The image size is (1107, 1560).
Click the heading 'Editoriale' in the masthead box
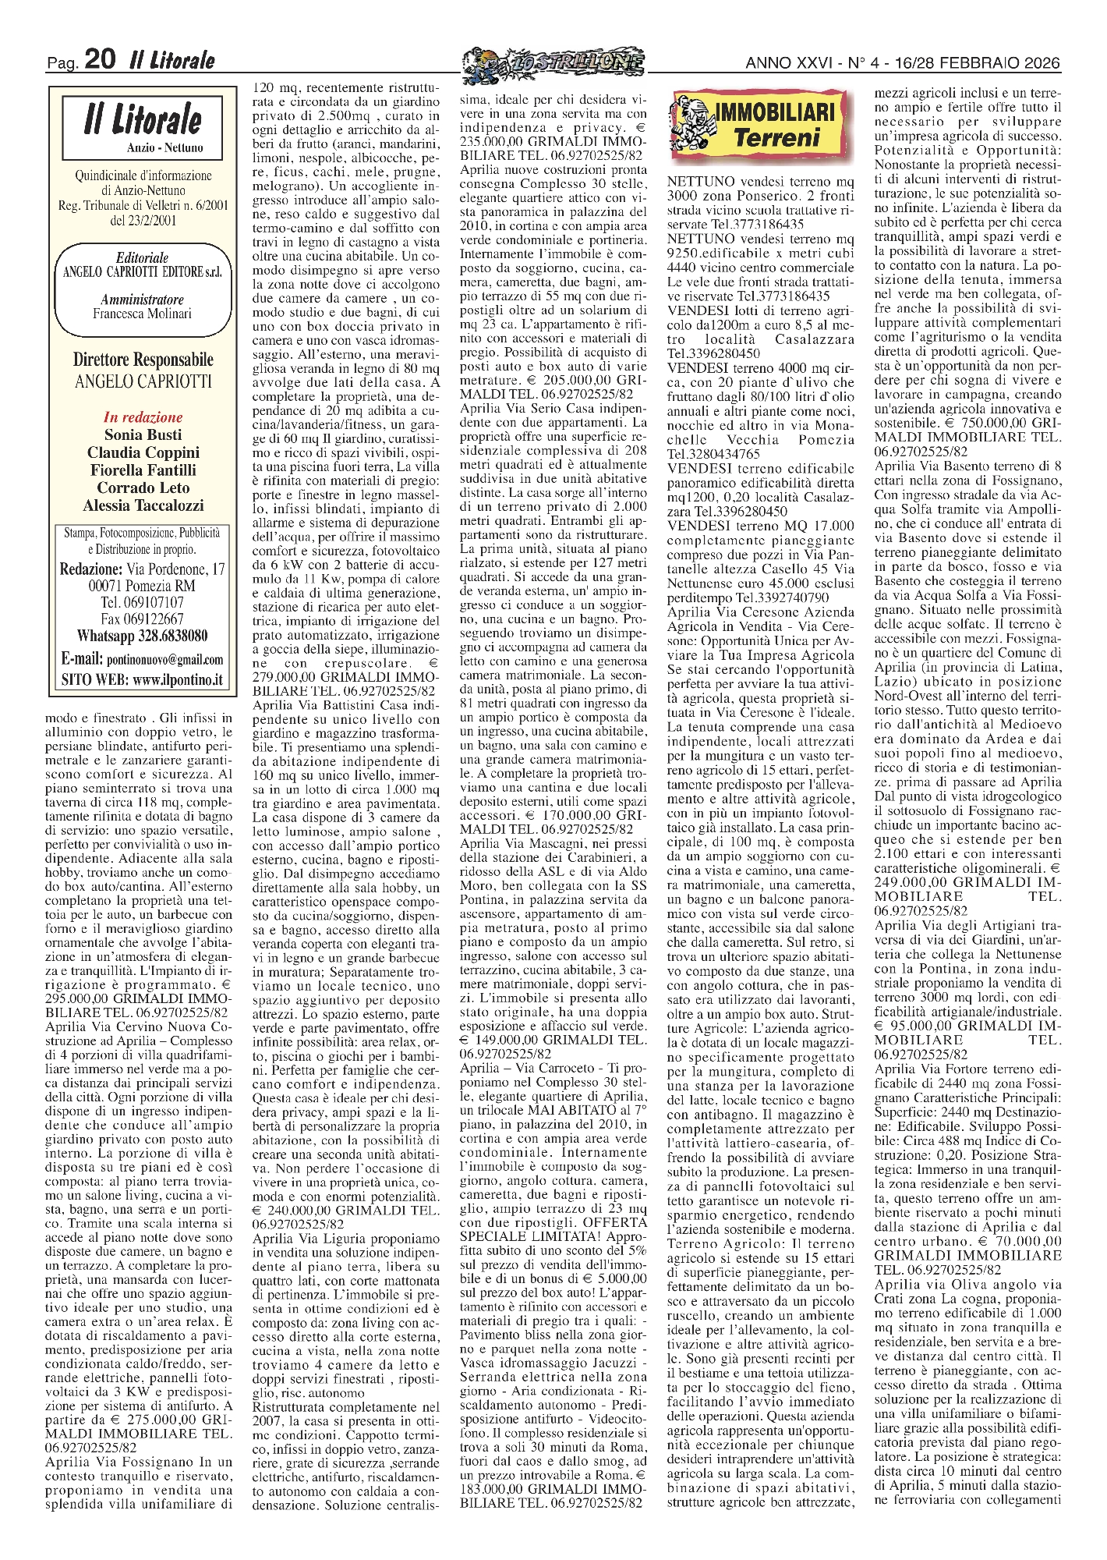(142, 258)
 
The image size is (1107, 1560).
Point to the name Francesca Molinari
(142, 314)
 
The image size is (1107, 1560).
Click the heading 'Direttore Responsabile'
(142, 360)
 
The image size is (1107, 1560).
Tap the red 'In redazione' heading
(142, 417)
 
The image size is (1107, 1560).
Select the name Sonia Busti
(142, 435)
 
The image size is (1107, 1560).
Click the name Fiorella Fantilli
(142, 470)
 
